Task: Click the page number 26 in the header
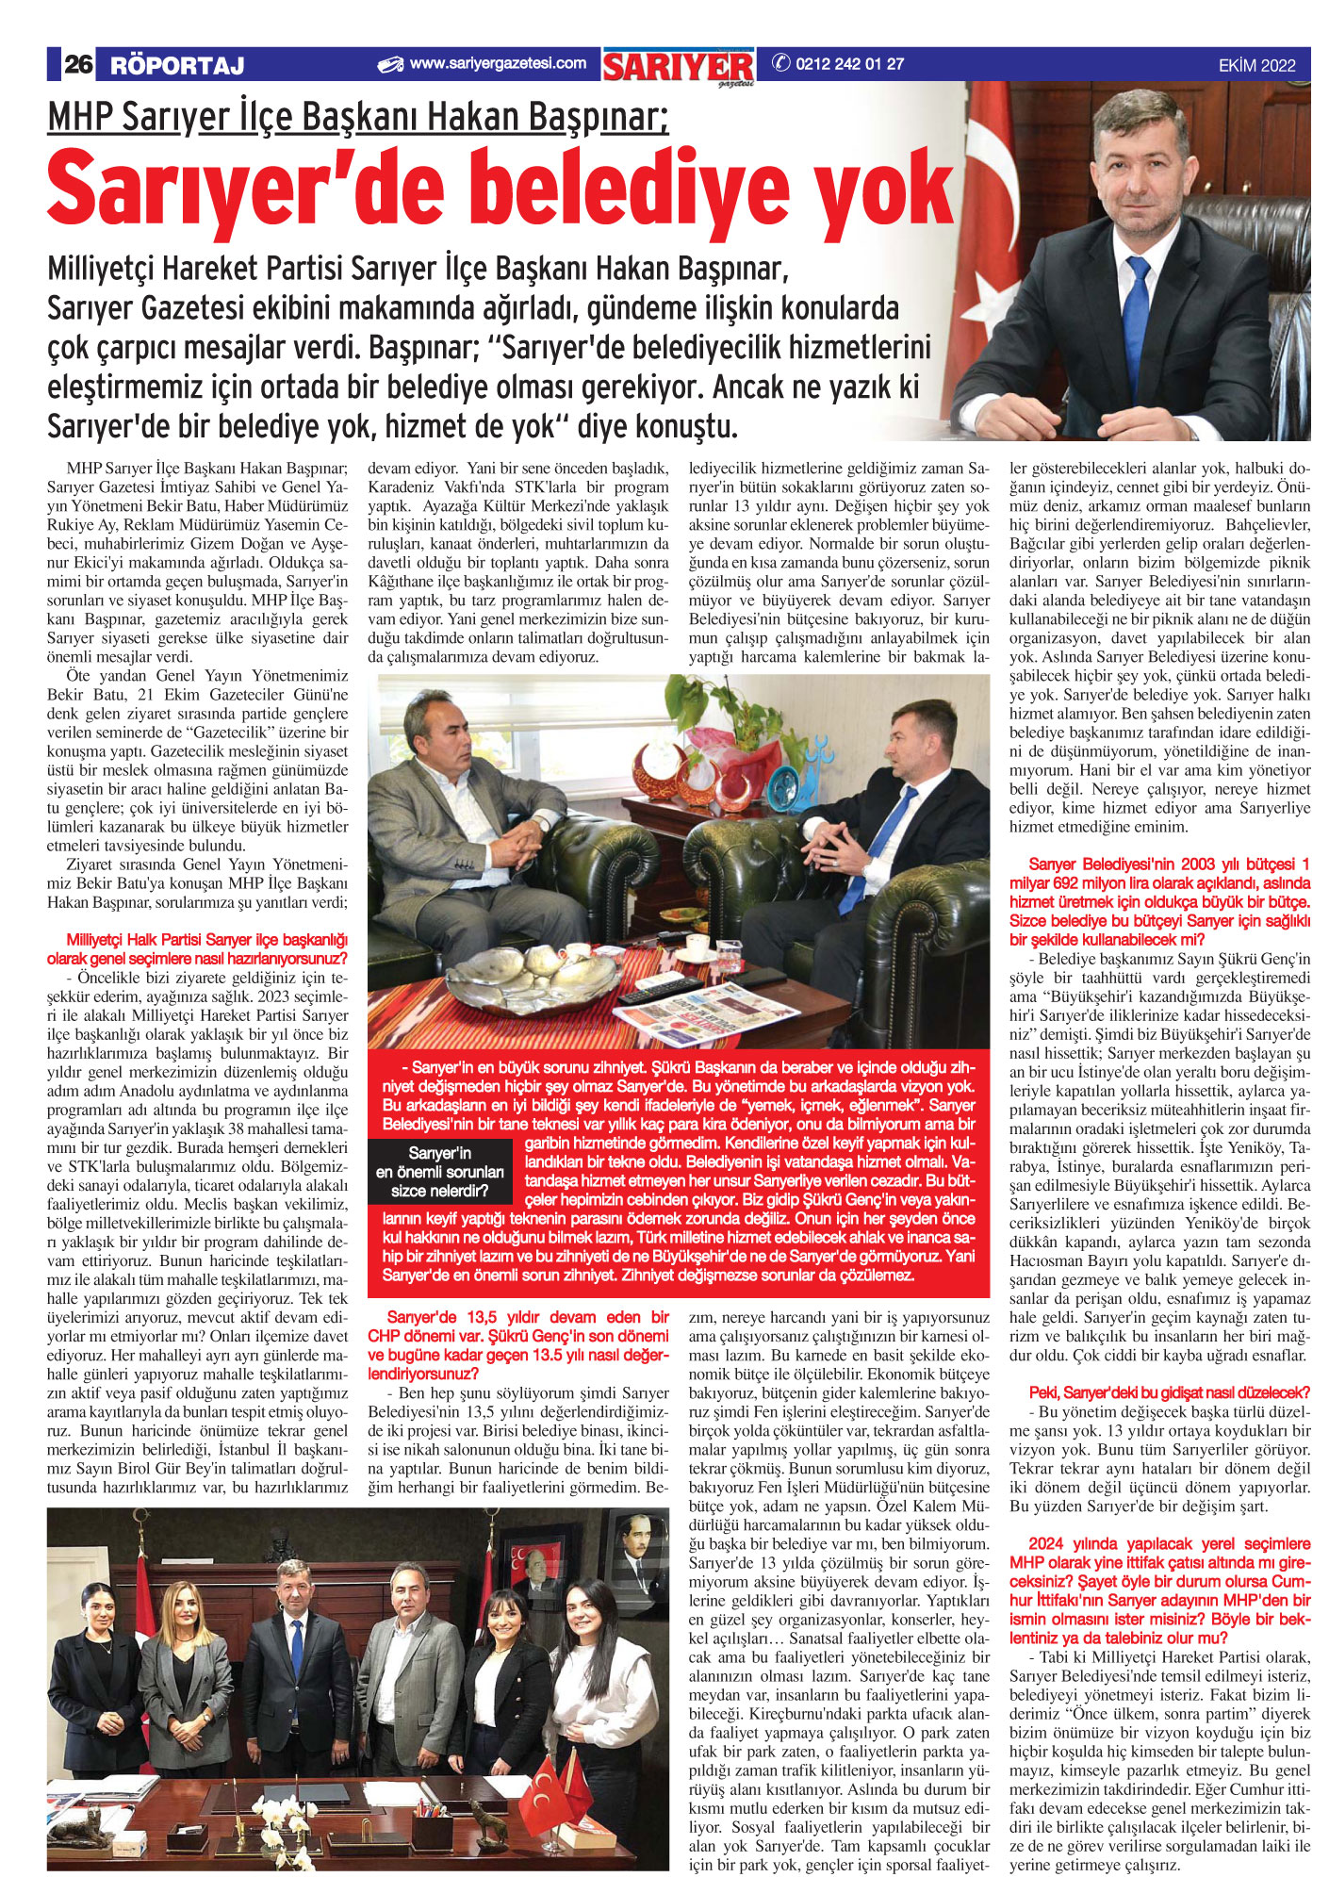tap(77, 64)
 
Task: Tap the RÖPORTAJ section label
tap(176, 65)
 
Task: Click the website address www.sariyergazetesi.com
tap(497, 63)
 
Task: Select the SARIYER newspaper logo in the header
tap(678, 66)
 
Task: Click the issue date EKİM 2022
tap(1256, 65)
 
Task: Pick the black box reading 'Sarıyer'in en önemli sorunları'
tap(439, 1172)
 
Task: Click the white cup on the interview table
tap(697, 943)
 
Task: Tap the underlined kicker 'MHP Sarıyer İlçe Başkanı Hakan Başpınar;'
tap(357, 118)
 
